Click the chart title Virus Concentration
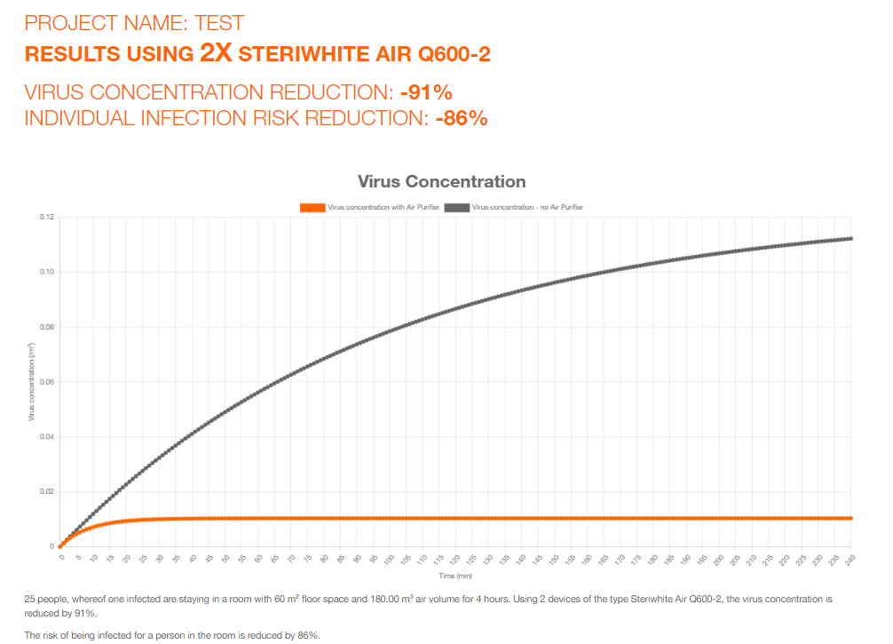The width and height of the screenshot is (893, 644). point(441,181)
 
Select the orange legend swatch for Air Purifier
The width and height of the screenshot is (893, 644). point(312,207)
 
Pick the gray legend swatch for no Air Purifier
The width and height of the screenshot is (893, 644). point(457,207)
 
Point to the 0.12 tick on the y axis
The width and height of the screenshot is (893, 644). point(47,217)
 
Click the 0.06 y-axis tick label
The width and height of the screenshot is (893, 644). point(47,382)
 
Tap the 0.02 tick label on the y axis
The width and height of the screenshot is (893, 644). point(47,491)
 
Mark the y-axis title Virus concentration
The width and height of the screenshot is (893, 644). point(32,382)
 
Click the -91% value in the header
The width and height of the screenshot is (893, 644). point(427,92)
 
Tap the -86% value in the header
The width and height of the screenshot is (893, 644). point(462,118)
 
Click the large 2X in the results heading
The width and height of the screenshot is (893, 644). point(216,53)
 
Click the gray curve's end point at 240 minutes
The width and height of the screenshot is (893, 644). point(850,238)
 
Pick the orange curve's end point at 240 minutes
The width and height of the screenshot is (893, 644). point(850,518)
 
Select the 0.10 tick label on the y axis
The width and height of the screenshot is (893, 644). point(47,272)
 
